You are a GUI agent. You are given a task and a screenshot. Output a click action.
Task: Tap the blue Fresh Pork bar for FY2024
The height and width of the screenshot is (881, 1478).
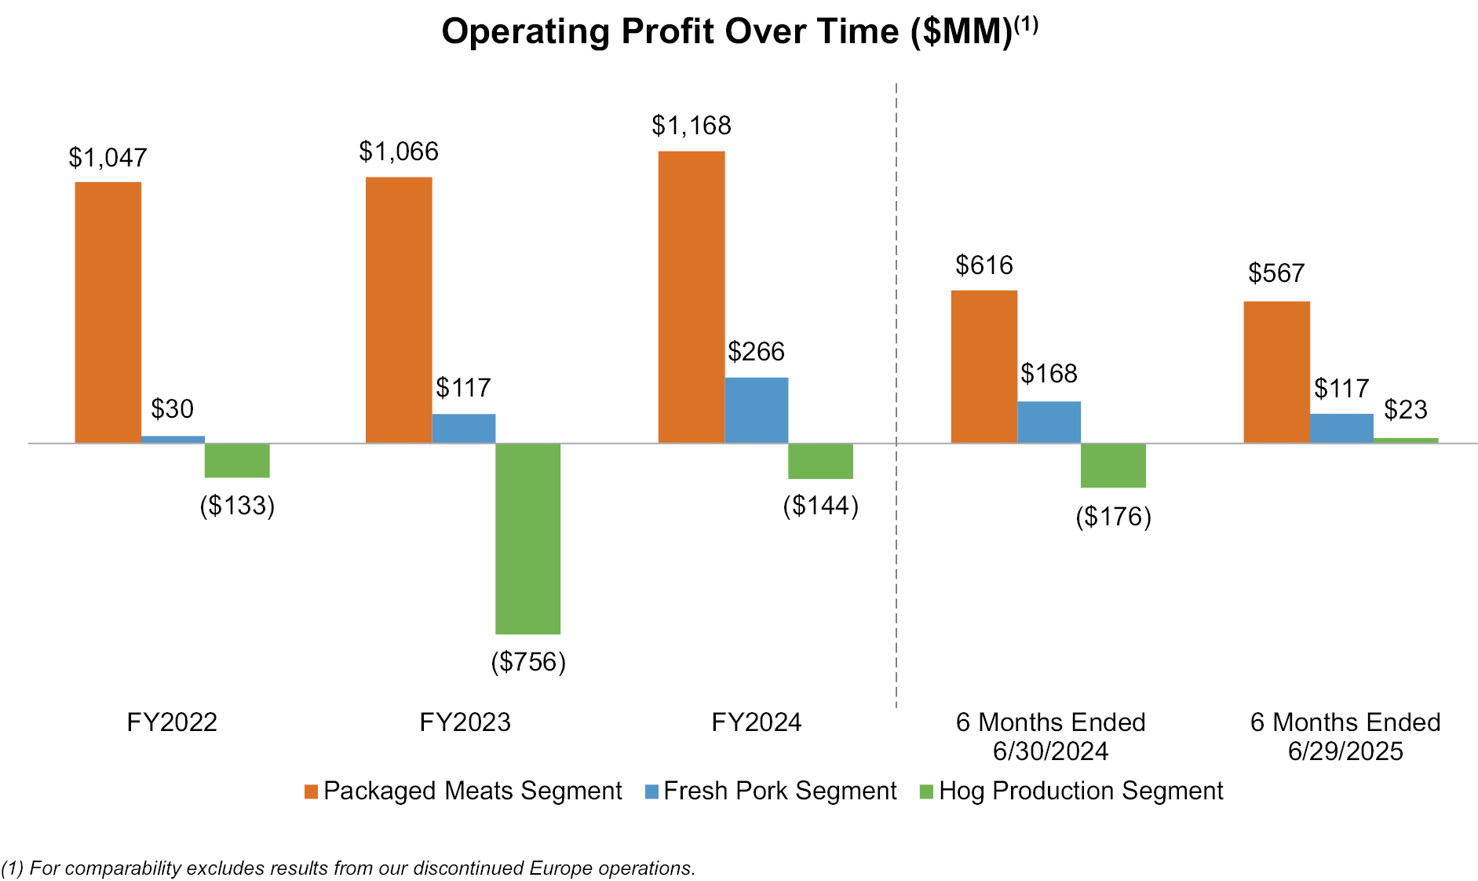click(756, 410)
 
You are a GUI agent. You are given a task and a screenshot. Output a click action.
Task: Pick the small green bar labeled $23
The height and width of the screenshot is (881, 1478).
click(1406, 440)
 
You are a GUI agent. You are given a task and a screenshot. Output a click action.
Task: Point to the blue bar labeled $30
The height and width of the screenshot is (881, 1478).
click(173, 440)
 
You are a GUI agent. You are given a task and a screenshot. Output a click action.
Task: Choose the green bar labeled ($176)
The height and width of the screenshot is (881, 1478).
click(1113, 466)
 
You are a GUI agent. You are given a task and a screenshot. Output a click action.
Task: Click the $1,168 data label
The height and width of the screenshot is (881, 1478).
click(692, 126)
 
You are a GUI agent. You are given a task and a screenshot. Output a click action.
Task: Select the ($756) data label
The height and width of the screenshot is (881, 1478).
click(528, 662)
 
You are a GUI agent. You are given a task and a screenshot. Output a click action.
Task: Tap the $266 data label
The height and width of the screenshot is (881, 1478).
click(756, 352)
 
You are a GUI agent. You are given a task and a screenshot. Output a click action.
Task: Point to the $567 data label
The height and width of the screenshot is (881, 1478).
click(1276, 273)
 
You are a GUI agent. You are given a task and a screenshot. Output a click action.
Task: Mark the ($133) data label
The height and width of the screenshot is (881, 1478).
click(237, 506)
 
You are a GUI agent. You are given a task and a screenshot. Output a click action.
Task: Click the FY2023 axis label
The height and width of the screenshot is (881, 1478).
click(465, 722)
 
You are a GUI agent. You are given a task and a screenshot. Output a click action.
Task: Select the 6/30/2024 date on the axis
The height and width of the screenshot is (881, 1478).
click(1050, 751)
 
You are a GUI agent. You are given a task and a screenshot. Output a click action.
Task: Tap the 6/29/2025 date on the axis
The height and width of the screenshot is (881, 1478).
click(1345, 751)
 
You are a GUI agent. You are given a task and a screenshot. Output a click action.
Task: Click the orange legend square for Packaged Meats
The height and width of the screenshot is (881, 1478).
click(312, 791)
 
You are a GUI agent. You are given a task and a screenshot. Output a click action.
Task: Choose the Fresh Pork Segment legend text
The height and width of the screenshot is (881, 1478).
click(779, 791)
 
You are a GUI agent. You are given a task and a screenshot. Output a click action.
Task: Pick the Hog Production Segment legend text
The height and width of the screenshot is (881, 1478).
click(1081, 791)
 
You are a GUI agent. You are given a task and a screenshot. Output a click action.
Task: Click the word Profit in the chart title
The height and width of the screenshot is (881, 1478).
click(670, 32)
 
